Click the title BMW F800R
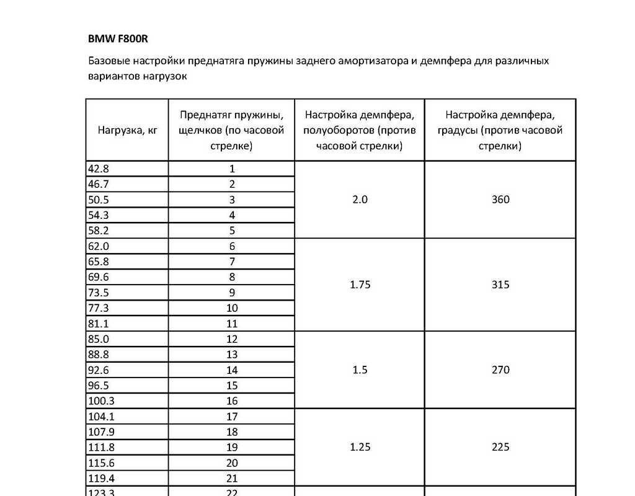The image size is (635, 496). [118, 38]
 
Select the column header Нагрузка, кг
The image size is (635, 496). [127, 131]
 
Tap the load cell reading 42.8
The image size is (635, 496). [99, 169]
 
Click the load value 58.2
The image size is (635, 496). [99, 231]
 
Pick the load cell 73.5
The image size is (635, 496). [99, 293]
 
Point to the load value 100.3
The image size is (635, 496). [102, 401]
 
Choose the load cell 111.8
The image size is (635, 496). [102, 448]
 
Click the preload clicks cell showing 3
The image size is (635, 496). [232, 200]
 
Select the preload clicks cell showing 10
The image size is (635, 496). [232, 308]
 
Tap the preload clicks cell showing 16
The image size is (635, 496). [232, 401]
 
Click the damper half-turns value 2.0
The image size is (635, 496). [360, 200]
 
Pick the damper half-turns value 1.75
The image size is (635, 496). [360, 285]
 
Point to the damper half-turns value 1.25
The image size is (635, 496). [360, 448]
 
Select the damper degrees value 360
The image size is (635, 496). [500, 200]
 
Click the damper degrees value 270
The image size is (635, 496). [500, 370]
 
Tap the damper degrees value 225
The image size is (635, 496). [500, 448]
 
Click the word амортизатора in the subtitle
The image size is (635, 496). [370, 61]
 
